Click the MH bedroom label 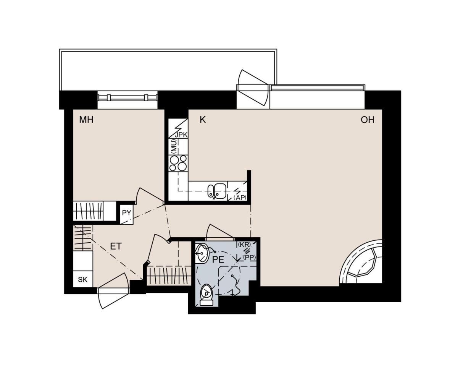coord(86,120)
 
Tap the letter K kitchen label coord(203,120)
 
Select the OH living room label coord(368,120)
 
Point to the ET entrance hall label coord(116,246)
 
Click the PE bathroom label coord(218,259)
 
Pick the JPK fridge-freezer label coord(181,135)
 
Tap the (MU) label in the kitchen coord(174,146)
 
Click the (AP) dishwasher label coord(240,198)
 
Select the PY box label coord(127,212)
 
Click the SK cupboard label coord(83,280)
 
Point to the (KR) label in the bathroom coord(244,244)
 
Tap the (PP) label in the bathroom coord(249,257)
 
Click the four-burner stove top coord(178,163)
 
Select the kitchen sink coord(217,191)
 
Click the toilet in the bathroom coord(206,295)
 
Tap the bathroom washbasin coord(202,253)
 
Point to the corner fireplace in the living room coord(361,262)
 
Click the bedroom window coord(127,97)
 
